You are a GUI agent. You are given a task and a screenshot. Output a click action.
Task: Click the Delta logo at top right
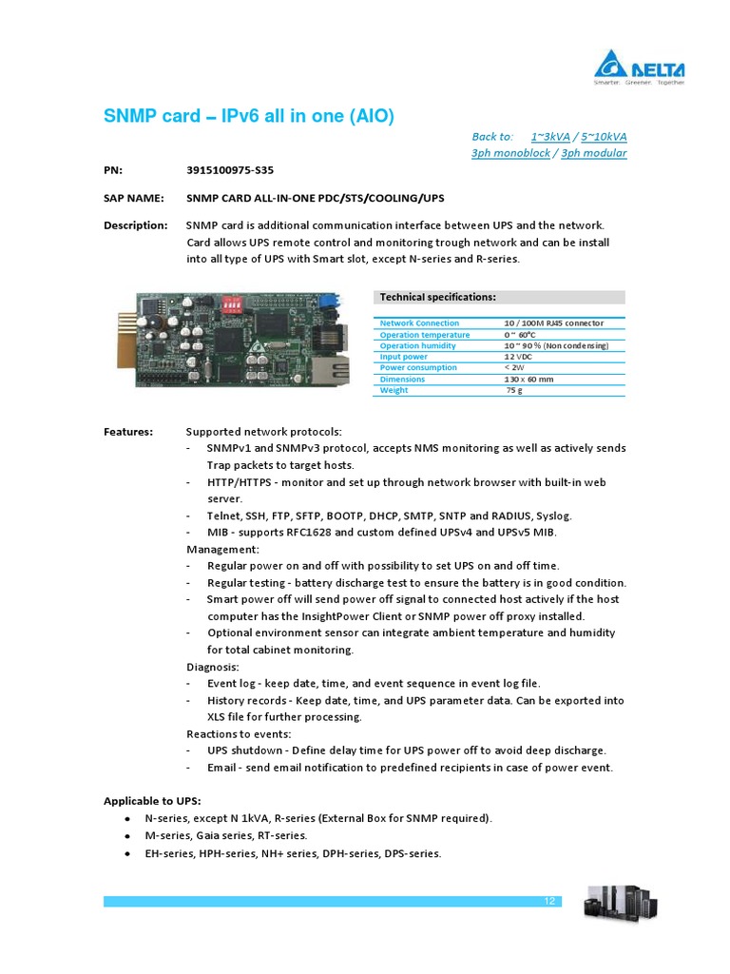click(639, 68)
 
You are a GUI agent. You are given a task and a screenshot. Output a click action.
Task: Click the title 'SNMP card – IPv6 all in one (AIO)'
click(248, 116)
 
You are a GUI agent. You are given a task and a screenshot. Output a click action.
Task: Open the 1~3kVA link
click(550, 137)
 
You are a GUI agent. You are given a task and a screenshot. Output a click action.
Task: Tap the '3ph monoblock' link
click(510, 153)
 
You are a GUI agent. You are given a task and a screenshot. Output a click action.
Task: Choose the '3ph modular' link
click(594, 153)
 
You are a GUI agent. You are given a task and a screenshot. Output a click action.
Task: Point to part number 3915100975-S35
click(231, 171)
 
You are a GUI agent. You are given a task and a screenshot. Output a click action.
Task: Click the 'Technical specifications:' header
click(437, 297)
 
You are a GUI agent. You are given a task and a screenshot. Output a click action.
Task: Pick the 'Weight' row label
click(394, 390)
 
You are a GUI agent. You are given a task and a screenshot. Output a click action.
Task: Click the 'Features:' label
click(128, 432)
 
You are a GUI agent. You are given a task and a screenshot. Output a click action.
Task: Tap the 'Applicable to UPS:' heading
click(152, 800)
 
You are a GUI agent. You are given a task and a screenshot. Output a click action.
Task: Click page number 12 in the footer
click(549, 902)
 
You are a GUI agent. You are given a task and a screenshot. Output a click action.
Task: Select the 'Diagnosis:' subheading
click(213, 667)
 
